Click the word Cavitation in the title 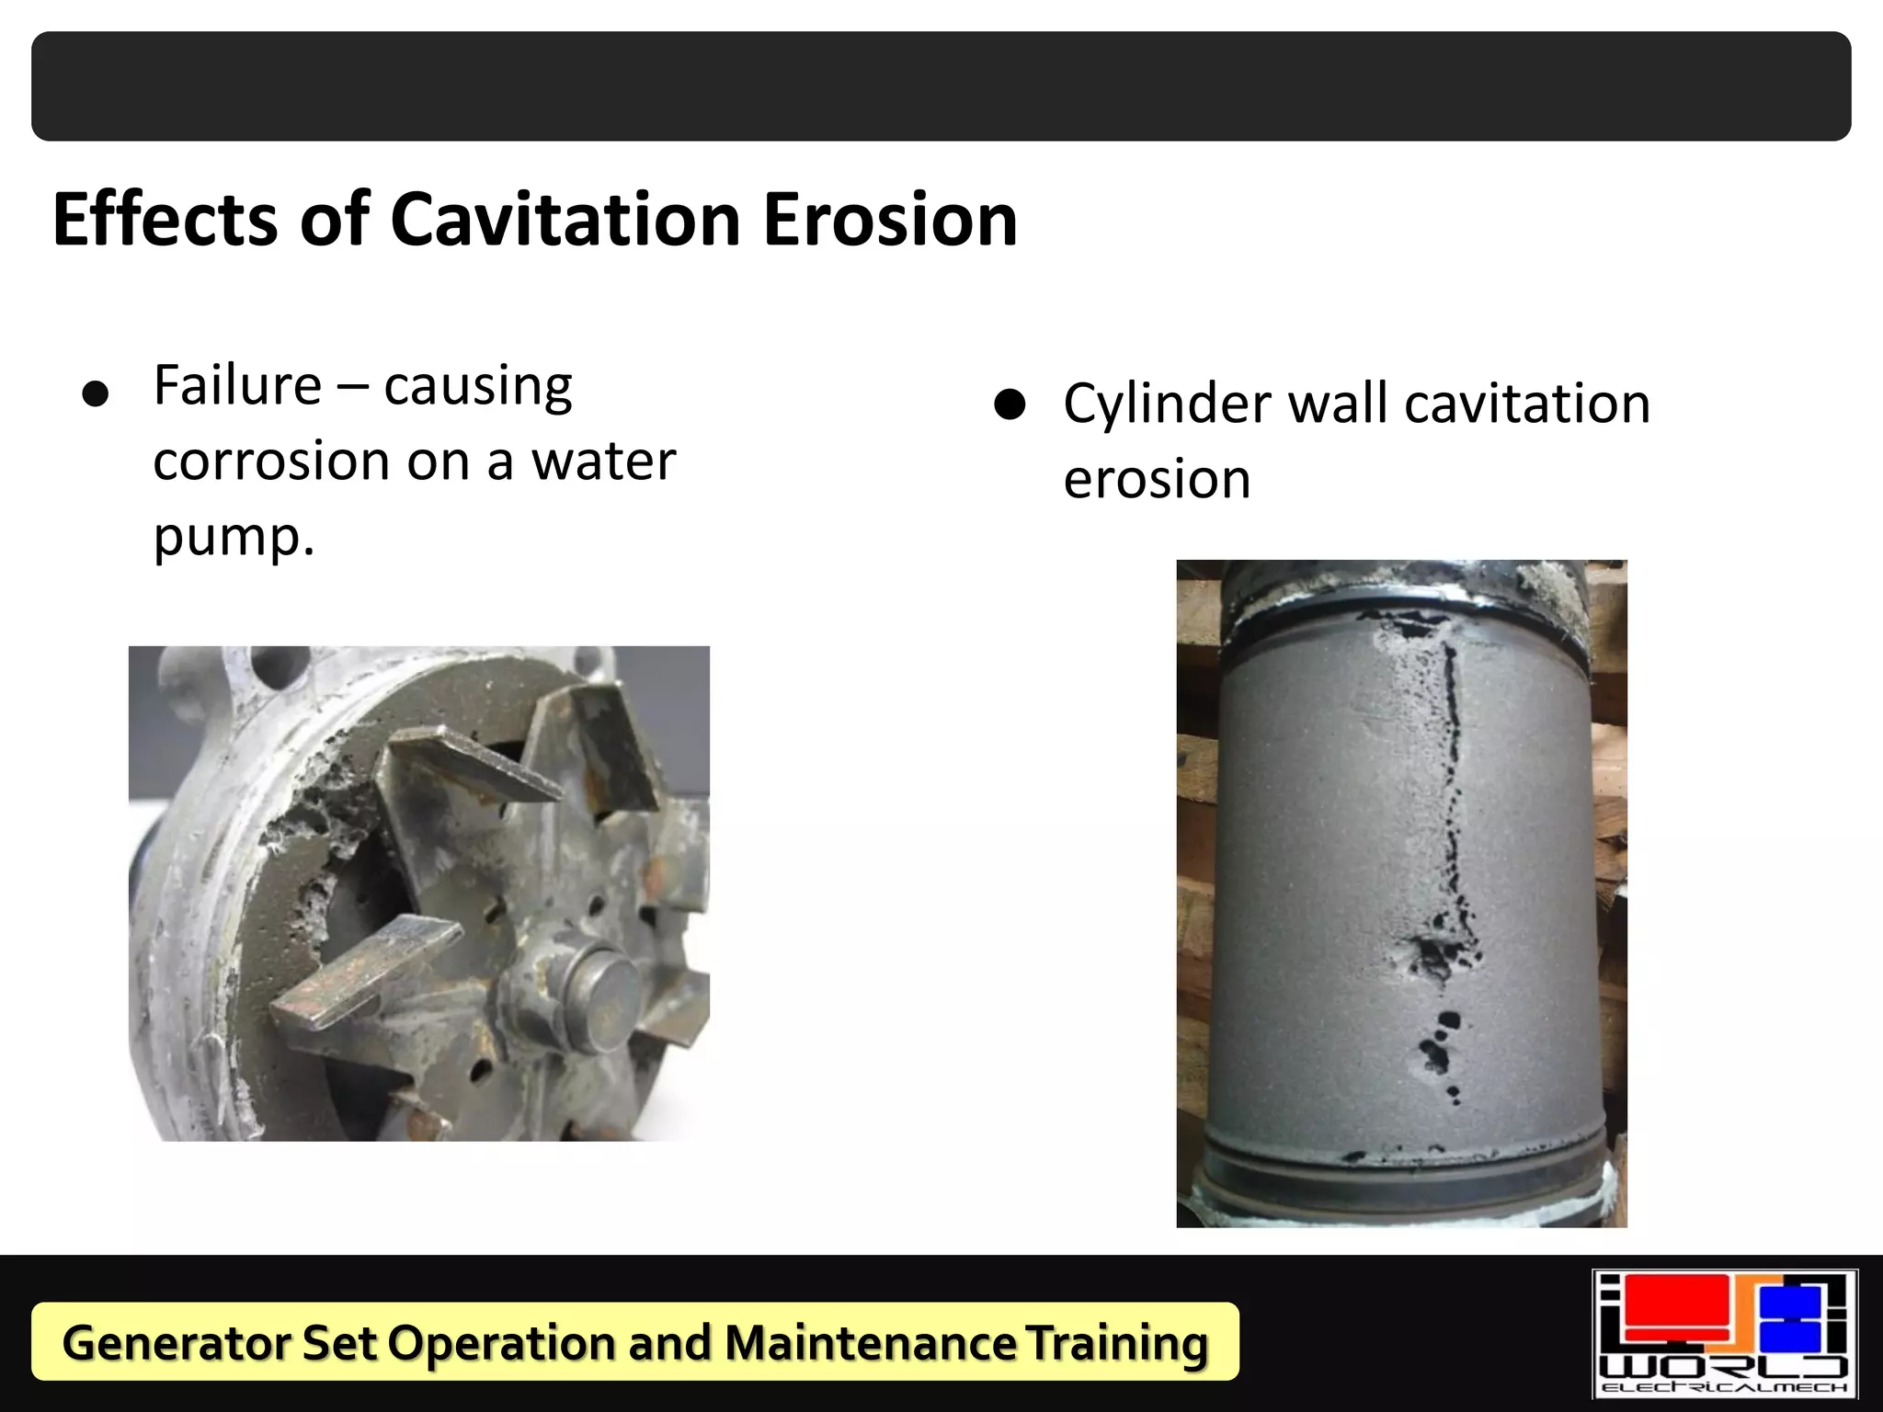coord(565,221)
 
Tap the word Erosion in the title coord(890,221)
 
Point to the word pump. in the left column coord(234,537)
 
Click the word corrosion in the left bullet coord(272,461)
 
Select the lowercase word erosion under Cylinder coord(1157,480)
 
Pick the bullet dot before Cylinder coord(1010,404)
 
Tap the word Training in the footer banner coord(1116,1343)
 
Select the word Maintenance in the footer coord(870,1343)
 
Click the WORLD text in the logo coord(1724,1366)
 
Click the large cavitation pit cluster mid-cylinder coord(1436,956)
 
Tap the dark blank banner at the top coord(941,86)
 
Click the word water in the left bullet coord(604,461)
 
